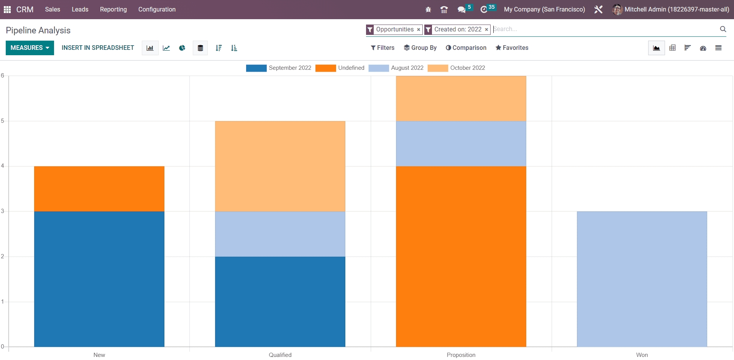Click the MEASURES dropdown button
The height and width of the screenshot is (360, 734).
pyautogui.click(x=30, y=48)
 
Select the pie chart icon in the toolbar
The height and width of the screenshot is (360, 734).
pyautogui.click(x=182, y=48)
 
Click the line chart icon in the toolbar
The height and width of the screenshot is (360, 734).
pyautogui.click(x=166, y=48)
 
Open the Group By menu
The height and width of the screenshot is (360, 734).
pyautogui.click(x=420, y=48)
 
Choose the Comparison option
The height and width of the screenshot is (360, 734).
pyautogui.click(x=466, y=48)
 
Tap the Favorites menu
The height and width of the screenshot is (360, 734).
pyautogui.click(x=512, y=48)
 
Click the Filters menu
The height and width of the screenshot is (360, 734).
pyautogui.click(x=383, y=48)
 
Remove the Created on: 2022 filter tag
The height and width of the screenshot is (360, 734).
pyautogui.click(x=486, y=30)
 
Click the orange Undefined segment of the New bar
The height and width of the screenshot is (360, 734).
pyautogui.click(x=99, y=189)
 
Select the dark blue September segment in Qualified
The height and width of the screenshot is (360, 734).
pyautogui.click(x=280, y=301)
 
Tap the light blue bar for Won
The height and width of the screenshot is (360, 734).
pyautogui.click(x=642, y=279)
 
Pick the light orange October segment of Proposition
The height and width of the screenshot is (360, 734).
pyautogui.click(x=461, y=99)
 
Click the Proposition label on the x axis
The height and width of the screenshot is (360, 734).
pyautogui.click(x=461, y=355)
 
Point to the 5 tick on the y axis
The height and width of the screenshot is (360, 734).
pyautogui.click(x=3, y=121)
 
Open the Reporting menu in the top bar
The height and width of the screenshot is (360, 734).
pyautogui.click(x=113, y=9)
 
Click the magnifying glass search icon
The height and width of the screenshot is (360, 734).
pyautogui.click(x=723, y=29)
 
